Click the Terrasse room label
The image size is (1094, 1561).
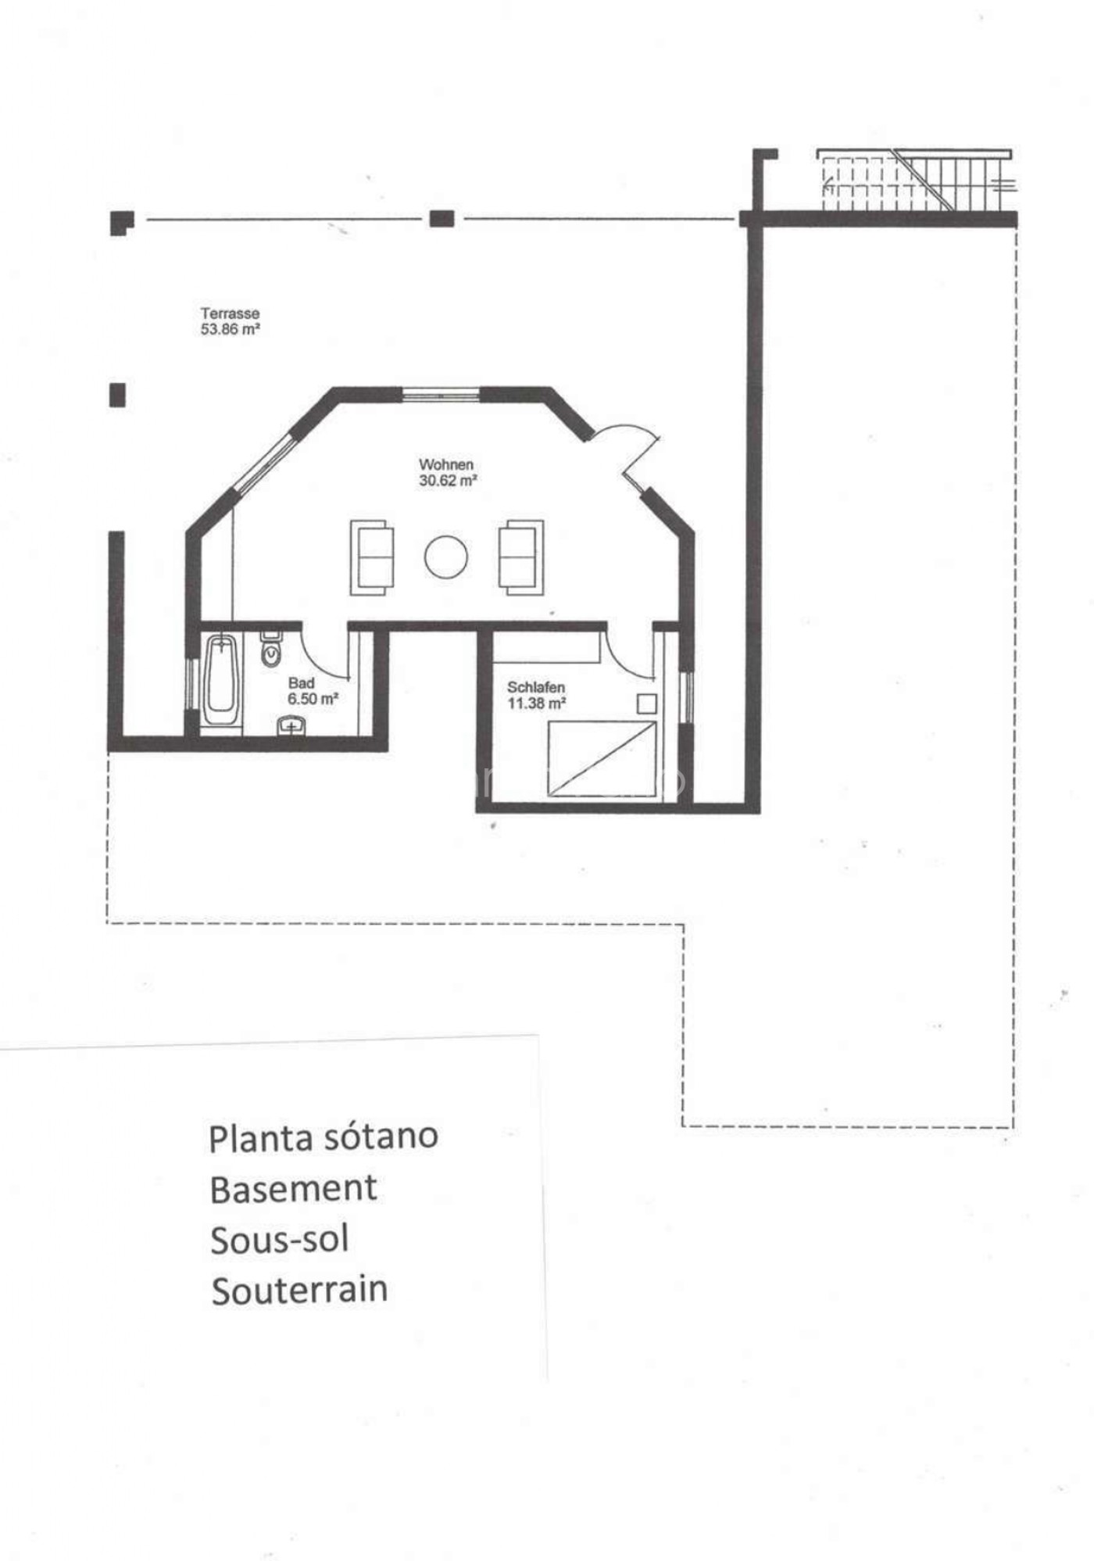(x=230, y=313)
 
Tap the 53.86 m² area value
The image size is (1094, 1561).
(x=230, y=329)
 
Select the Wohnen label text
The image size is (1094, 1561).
(x=446, y=464)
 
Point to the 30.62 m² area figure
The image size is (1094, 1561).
(x=448, y=480)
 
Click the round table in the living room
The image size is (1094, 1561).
(x=446, y=557)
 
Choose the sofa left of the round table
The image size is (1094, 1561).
(x=371, y=557)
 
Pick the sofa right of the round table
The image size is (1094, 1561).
(x=521, y=557)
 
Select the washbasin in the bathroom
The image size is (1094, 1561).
(x=292, y=726)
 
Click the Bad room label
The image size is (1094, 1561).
(x=301, y=683)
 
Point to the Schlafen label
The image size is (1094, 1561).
(x=536, y=687)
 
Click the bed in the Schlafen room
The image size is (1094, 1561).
(x=602, y=758)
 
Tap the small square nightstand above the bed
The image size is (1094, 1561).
(x=647, y=704)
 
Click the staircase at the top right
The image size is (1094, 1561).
(x=916, y=181)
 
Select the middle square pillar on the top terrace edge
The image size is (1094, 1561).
(x=442, y=219)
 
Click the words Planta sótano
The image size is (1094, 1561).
(x=324, y=1137)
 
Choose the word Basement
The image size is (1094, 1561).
(x=294, y=1189)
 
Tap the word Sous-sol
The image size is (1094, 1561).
(x=280, y=1240)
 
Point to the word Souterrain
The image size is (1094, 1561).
(x=299, y=1291)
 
